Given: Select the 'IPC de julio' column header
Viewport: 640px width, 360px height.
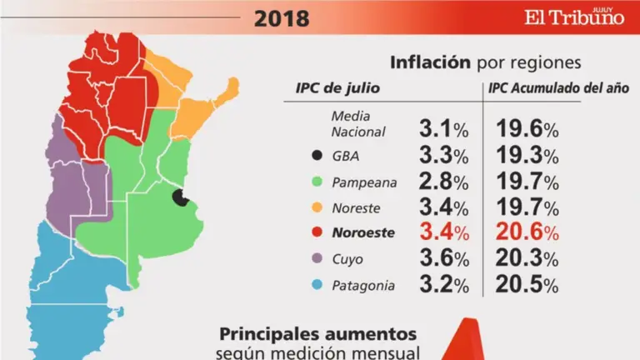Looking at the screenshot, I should point(332,88).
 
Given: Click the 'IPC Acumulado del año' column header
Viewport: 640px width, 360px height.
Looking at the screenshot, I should point(559,88).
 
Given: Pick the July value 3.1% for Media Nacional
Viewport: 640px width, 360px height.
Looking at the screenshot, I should point(445,129).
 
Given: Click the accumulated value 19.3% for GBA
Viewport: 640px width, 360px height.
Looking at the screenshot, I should point(527,156).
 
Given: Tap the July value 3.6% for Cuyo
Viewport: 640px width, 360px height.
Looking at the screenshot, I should point(445,259).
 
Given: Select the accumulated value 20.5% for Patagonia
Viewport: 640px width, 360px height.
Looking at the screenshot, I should point(527,285).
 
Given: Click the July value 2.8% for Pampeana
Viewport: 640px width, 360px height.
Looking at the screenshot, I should point(445,182).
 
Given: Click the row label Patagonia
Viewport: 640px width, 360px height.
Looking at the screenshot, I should point(362,285).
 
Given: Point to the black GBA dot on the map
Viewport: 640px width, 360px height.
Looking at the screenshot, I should point(180,197).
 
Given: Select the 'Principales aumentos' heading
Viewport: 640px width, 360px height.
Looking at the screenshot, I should point(317,333).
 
